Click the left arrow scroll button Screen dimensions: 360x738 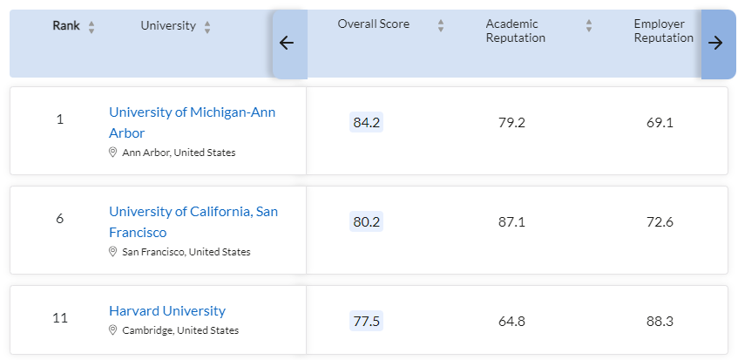287,44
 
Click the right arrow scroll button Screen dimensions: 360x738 715,44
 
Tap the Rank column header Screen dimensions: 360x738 66,25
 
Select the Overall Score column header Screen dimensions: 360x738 373,24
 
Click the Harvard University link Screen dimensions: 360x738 167,311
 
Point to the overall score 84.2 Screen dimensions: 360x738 366,123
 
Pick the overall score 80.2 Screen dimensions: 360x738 366,222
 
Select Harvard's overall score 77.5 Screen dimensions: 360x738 366,321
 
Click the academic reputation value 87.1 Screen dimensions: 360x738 511,222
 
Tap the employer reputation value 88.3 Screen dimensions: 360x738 660,321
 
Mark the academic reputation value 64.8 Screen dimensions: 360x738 511,321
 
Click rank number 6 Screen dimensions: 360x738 60,219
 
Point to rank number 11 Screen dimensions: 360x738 60,318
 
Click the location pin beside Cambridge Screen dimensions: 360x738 112,330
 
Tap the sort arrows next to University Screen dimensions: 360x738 207,27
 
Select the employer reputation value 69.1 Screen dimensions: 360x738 660,123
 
